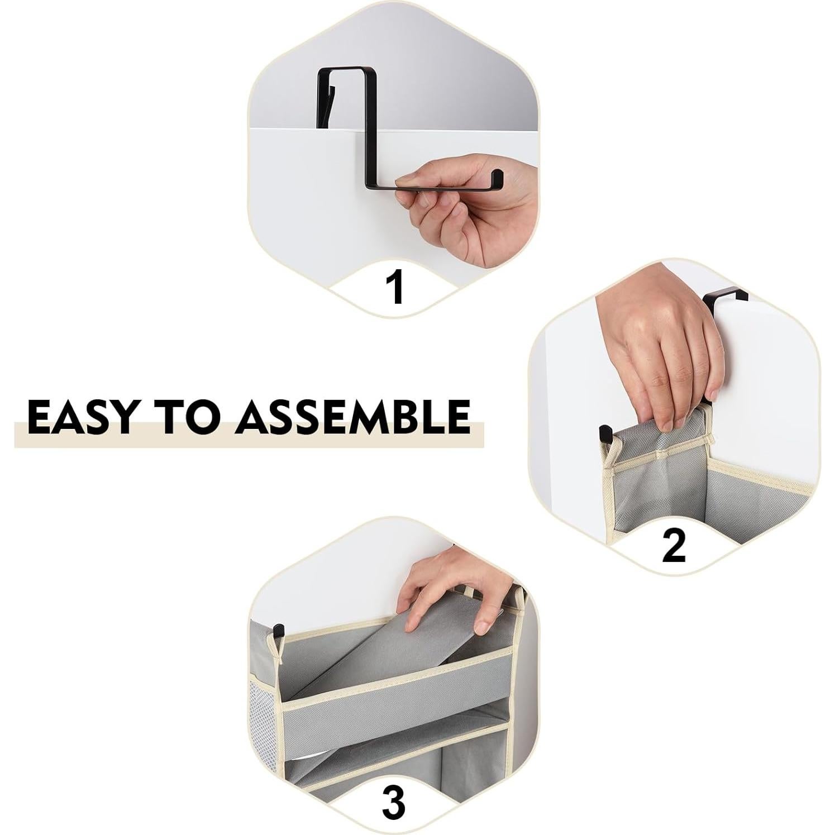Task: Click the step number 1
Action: (x=396, y=288)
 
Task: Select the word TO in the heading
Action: (x=188, y=417)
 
